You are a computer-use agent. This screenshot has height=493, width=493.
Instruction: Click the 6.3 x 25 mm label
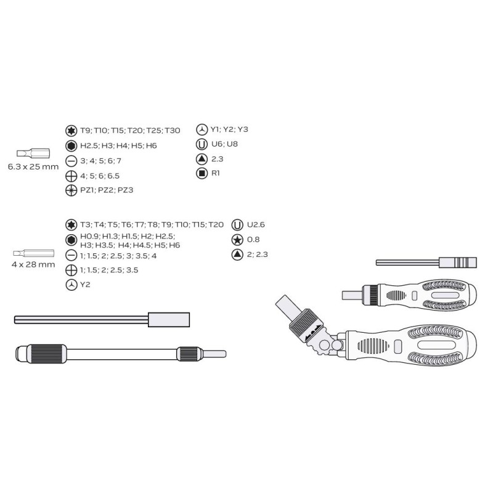(33, 166)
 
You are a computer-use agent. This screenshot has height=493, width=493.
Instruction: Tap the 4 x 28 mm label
(33, 264)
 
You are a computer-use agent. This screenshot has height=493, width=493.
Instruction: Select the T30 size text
(173, 131)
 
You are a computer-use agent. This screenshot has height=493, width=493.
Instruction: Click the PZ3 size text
(125, 190)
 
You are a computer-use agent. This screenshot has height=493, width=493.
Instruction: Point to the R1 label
(215, 173)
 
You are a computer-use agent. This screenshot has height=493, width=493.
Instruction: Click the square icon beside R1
(202, 173)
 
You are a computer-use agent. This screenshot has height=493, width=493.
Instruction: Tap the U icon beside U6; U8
(202, 144)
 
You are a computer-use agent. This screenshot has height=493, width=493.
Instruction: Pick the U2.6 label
(256, 224)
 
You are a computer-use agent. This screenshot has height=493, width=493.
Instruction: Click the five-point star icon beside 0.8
(237, 240)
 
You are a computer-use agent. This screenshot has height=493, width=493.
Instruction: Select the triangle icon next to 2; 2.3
(237, 255)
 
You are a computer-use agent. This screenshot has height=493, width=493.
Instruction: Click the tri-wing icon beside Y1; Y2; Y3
(202, 129)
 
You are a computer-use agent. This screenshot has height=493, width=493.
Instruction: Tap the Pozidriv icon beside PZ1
(71, 190)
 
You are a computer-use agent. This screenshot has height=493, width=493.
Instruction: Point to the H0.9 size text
(89, 236)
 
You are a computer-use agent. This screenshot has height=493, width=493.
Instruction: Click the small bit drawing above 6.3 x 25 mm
(33, 153)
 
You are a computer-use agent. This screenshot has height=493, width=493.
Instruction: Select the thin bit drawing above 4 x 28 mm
(34, 253)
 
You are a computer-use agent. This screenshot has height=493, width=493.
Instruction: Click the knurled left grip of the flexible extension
(47, 354)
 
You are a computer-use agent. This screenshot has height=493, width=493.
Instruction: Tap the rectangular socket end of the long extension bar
(169, 320)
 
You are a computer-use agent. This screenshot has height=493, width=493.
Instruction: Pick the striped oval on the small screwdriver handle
(396, 295)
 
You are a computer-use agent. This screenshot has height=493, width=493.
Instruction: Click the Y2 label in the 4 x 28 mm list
(85, 285)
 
